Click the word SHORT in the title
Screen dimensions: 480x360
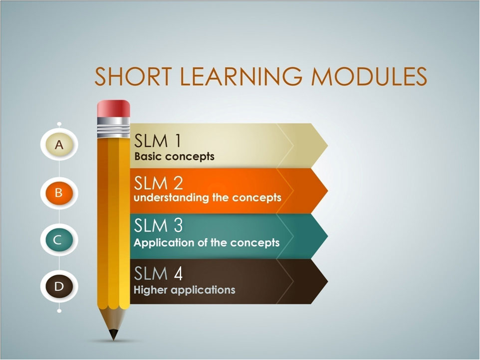(133, 76)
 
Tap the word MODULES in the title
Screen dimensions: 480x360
(369, 76)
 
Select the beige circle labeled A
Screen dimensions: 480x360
(59, 145)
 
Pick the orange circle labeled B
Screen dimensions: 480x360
(59, 193)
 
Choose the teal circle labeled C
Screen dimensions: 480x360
(59, 240)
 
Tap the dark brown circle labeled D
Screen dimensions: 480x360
(59, 286)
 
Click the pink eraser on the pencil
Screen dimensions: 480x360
(114, 108)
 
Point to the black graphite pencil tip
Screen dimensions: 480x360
(113, 335)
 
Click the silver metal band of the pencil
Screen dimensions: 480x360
(114, 127)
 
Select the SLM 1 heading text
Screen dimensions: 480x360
(157, 141)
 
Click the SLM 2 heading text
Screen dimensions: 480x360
(158, 183)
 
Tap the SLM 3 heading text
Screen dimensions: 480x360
(158, 225)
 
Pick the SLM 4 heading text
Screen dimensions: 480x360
(158, 273)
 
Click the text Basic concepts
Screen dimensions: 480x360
(174, 157)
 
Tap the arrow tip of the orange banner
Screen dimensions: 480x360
(327, 191)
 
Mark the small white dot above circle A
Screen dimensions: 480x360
(59, 124)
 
